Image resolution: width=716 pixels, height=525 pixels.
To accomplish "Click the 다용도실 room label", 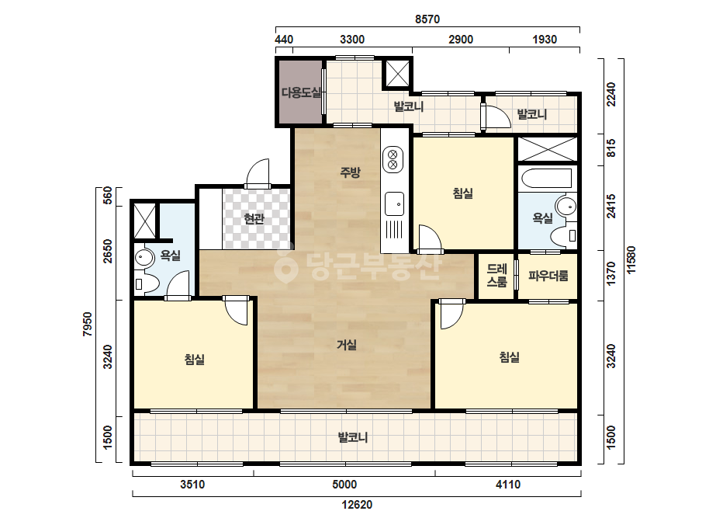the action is tap(302, 93).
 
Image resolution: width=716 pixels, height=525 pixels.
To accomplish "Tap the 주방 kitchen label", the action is tap(350, 172).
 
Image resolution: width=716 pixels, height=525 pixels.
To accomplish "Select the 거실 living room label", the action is tap(347, 344).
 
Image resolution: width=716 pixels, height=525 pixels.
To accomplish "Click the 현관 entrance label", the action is tap(254, 218).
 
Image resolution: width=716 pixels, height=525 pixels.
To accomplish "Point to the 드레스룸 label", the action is tap(496, 275).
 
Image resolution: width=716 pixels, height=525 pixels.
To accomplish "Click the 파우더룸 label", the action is tap(548, 276).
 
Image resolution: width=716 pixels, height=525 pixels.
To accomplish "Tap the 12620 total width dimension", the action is tap(357, 505).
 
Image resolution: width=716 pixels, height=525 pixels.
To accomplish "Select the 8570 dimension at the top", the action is tap(427, 19).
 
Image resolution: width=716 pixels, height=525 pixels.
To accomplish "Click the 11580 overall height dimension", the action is tap(631, 260).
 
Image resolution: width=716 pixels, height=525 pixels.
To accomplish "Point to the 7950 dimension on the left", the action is tap(87, 324).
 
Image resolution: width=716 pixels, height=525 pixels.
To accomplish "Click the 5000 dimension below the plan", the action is tap(344, 485).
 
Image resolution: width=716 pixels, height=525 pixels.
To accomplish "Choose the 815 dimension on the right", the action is tap(611, 148).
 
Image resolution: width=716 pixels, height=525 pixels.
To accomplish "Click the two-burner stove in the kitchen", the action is tap(393, 159).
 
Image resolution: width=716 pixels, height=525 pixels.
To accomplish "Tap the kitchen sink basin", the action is tap(394, 204).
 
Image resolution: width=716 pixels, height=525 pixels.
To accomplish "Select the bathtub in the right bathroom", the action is tap(547, 179).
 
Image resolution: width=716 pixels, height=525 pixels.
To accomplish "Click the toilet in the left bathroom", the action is tap(145, 283).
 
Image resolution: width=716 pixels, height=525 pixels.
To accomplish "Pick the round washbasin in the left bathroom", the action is tap(145, 257).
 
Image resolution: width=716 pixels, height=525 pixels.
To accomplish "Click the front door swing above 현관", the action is tap(258, 173).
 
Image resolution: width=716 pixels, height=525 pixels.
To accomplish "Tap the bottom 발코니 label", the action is tap(353, 437).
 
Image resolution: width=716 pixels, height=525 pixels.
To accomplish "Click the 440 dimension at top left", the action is tap(284, 40).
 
